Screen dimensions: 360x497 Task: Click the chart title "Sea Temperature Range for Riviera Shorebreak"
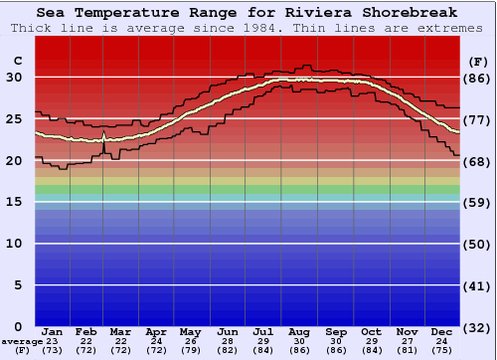pyautogui.click(x=248, y=13)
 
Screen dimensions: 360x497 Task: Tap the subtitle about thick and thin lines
pyautogui.click(x=248, y=28)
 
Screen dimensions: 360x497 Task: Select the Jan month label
pyautogui.click(x=54, y=331)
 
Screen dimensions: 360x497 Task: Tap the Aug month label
pyautogui.click(x=300, y=331)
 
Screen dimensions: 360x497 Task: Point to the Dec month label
pyautogui.click(x=442, y=331)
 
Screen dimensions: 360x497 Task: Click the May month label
pyautogui.click(x=189, y=331)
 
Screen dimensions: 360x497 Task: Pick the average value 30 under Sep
pyautogui.click(x=336, y=343)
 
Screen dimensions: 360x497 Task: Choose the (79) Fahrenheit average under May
pyautogui.click(x=189, y=351)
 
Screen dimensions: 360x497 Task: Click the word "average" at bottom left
pyautogui.click(x=22, y=343)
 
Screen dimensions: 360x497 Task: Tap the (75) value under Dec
pyautogui.click(x=442, y=351)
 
